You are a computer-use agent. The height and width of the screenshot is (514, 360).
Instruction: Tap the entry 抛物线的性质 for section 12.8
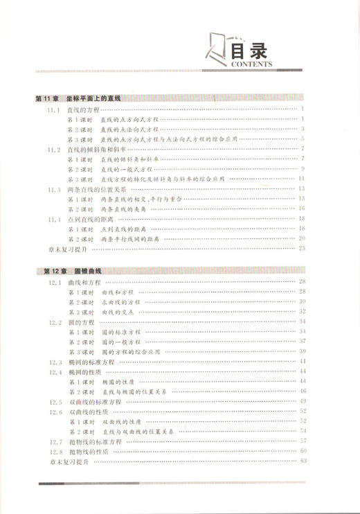click(x=92, y=451)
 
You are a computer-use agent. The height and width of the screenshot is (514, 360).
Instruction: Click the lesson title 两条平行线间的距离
click(x=131, y=238)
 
